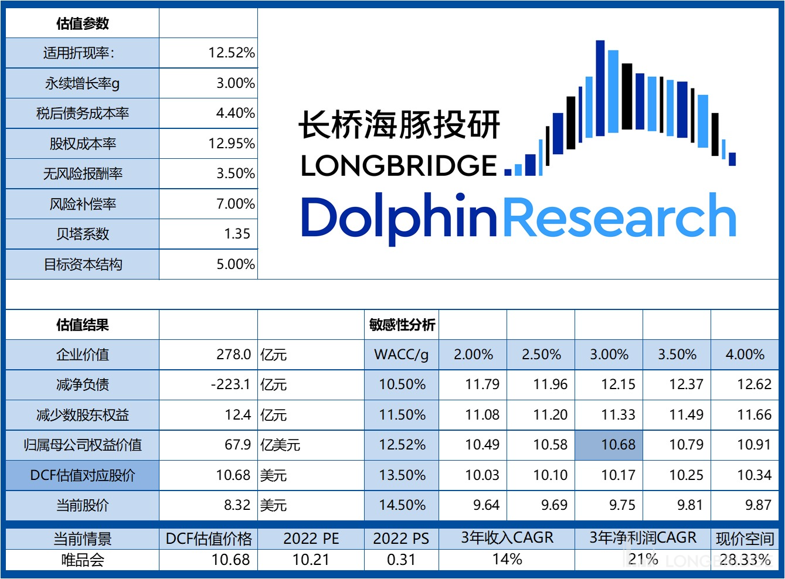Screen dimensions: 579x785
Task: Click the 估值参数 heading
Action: pos(82,23)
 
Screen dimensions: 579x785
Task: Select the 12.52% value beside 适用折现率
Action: pos(232,53)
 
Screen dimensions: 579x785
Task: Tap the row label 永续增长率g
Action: pos(82,83)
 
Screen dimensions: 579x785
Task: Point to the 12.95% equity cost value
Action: pos(232,144)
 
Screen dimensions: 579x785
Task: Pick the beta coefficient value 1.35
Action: pos(237,234)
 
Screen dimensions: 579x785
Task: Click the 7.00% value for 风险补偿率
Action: pos(235,204)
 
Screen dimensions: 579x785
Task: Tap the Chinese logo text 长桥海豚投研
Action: pos(399,125)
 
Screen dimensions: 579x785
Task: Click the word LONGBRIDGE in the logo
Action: pos(399,166)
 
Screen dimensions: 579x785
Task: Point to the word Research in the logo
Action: pos(619,217)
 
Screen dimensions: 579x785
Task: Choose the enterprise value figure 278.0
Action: pos(233,355)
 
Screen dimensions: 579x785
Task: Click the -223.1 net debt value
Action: pos(230,384)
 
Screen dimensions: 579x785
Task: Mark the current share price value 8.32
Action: pos(237,505)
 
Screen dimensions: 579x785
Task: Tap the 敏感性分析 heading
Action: pos(402,325)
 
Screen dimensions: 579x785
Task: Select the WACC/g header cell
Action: pos(402,355)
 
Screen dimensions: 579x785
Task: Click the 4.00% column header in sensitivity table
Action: pos(745,355)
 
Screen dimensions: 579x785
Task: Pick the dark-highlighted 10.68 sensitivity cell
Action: pos(618,445)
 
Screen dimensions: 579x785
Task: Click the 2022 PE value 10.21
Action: pos(311,560)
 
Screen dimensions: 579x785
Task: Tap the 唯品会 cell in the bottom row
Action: pos(82,560)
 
